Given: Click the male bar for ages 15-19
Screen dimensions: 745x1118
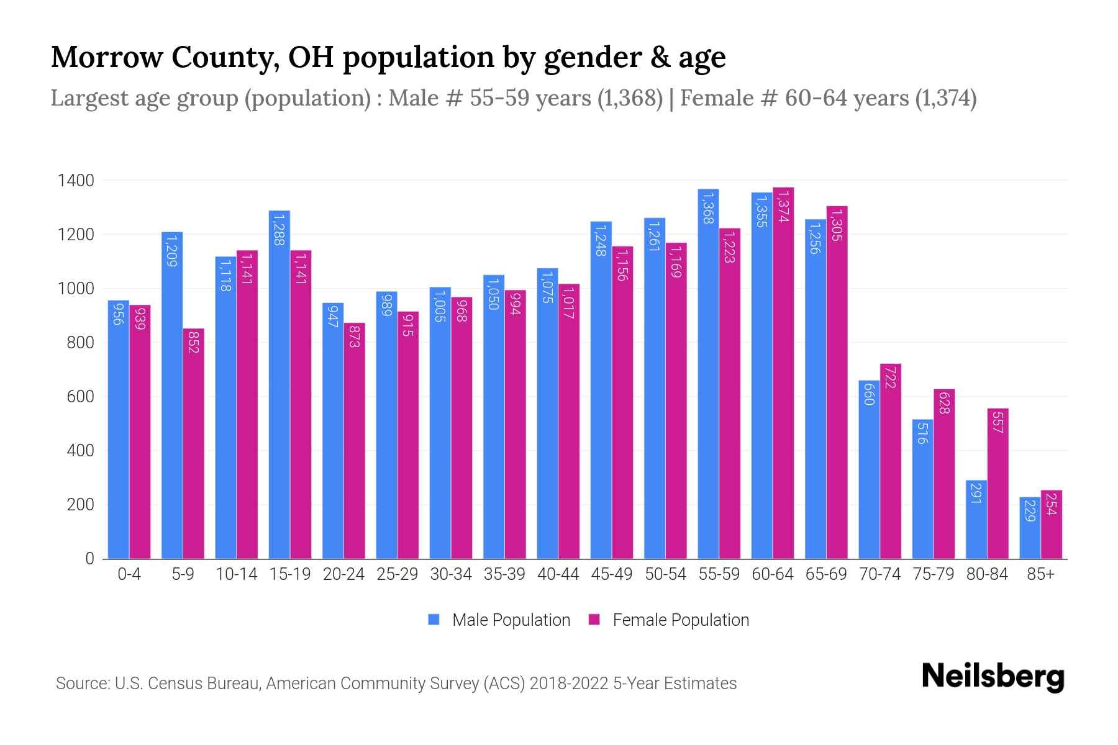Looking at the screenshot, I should tap(279, 385).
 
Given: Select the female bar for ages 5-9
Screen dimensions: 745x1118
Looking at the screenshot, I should tap(194, 444).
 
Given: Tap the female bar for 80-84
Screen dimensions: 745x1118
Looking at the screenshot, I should tap(998, 484).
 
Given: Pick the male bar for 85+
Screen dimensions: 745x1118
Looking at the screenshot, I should tap(1030, 528).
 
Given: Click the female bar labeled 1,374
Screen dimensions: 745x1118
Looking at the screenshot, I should tap(783, 372).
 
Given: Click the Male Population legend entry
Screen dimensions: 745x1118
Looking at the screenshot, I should tap(499, 620).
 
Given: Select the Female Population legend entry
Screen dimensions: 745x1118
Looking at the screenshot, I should tap(670, 620).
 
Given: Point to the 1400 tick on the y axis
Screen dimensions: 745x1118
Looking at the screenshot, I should tap(76, 181).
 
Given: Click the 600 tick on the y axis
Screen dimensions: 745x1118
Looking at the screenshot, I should tap(80, 397).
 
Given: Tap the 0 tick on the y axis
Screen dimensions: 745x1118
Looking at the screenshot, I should tap(89, 559).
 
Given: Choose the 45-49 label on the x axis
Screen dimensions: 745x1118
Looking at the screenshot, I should tap(612, 575).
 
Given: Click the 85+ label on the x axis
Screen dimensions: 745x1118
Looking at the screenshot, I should tap(1040, 575).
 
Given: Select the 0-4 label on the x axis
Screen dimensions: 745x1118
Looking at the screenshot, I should tap(129, 575).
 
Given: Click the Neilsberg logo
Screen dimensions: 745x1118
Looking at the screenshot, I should tap(993, 677).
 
